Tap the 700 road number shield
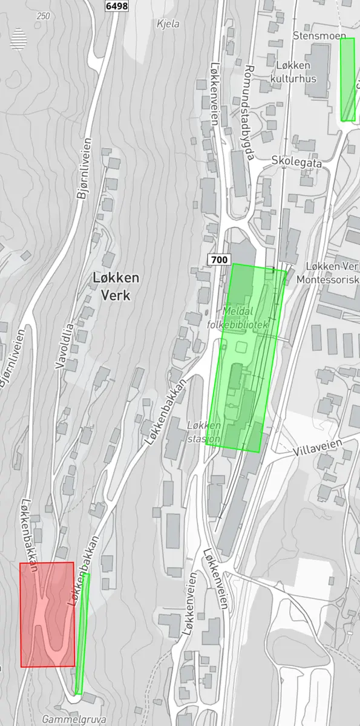click(220, 260)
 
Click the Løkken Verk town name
click(117, 286)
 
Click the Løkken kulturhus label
click(293, 71)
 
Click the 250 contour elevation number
click(43, 16)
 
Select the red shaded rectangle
click(47, 614)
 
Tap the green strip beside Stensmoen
click(347, 79)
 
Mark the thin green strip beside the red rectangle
click(82, 632)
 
